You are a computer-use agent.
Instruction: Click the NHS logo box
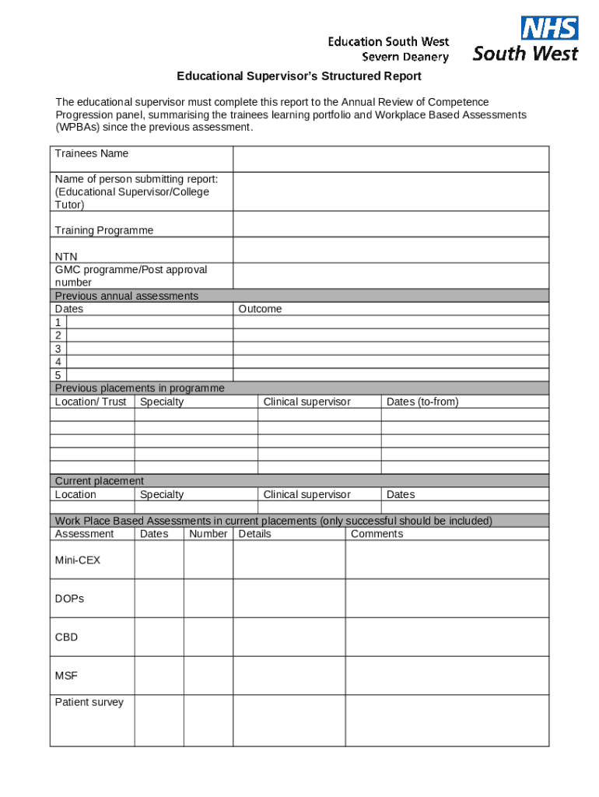coord(549,28)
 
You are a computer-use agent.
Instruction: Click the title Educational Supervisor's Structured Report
coord(299,76)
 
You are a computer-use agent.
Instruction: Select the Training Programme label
coord(104,230)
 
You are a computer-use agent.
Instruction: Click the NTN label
coord(66,257)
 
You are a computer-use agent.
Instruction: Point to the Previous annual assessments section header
coord(127,296)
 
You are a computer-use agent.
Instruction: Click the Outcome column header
coord(260,309)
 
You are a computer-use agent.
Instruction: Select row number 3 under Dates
coord(58,349)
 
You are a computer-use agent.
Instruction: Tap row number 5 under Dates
coord(58,375)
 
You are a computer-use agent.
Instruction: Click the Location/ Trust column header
coord(90,402)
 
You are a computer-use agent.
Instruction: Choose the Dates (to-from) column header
coord(422,402)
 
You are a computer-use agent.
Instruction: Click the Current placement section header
coord(100,481)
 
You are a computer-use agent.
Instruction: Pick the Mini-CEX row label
coord(78,560)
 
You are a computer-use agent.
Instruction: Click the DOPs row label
coord(69,599)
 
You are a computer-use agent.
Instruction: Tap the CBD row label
coord(66,637)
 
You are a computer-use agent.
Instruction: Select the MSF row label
coord(66,676)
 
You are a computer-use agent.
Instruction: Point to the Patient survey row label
coord(89,702)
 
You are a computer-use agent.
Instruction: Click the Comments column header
coord(377,534)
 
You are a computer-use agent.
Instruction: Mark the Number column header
coord(208,534)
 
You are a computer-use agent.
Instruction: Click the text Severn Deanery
coord(405,57)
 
